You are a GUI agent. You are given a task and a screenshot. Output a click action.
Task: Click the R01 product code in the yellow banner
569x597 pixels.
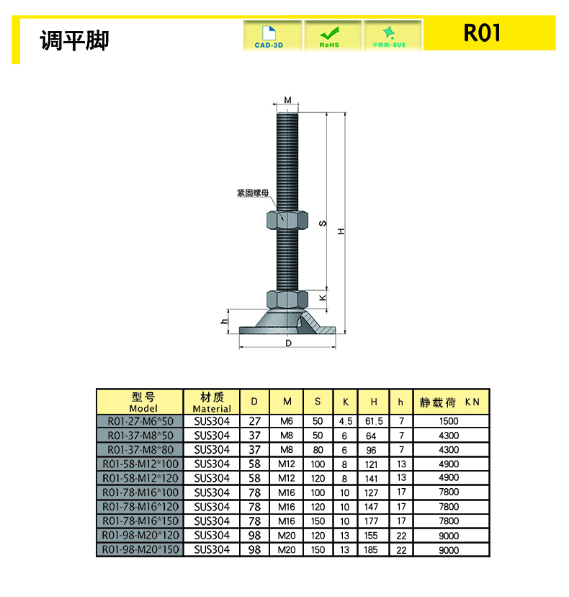(482, 32)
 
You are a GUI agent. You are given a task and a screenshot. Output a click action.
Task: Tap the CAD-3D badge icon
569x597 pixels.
(269, 37)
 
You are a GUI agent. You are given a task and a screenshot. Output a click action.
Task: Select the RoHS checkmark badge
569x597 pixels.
(329, 37)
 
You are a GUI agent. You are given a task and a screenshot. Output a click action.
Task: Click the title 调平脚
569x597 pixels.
(75, 40)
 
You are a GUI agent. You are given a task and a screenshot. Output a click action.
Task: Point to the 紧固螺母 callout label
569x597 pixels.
(253, 193)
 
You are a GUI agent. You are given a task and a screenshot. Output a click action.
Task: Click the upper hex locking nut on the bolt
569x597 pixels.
(287, 220)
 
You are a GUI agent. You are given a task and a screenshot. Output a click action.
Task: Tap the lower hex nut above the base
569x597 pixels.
(287, 299)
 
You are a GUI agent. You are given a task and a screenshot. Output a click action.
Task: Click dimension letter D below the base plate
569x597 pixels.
(288, 343)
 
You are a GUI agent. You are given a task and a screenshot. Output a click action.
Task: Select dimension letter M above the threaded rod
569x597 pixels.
(287, 99)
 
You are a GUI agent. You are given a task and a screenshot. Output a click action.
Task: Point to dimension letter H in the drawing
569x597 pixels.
(341, 231)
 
